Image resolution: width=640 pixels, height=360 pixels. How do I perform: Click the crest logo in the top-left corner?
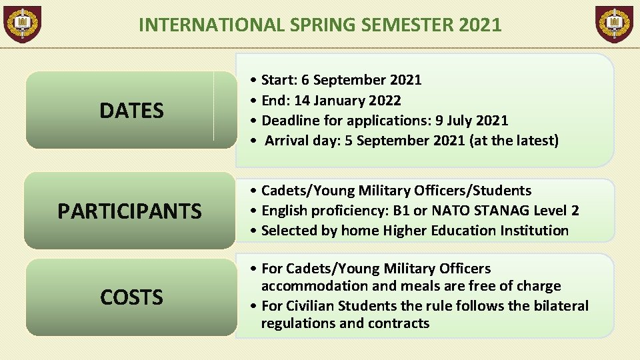[x=23, y=25]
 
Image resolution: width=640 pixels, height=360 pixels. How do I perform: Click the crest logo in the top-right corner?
[x=614, y=25]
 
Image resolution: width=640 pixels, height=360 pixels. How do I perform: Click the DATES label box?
[x=131, y=111]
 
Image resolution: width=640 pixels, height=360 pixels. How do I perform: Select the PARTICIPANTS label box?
[x=130, y=211]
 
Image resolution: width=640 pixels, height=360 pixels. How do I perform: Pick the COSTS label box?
[x=131, y=297]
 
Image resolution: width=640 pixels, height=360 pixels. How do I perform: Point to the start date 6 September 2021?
[x=361, y=80]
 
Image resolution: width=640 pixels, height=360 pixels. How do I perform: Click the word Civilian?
[x=309, y=306]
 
